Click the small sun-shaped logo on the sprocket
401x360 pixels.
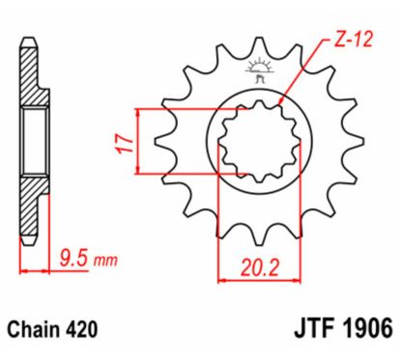click(x=258, y=67)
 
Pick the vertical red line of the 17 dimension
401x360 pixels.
click(x=142, y=142)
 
